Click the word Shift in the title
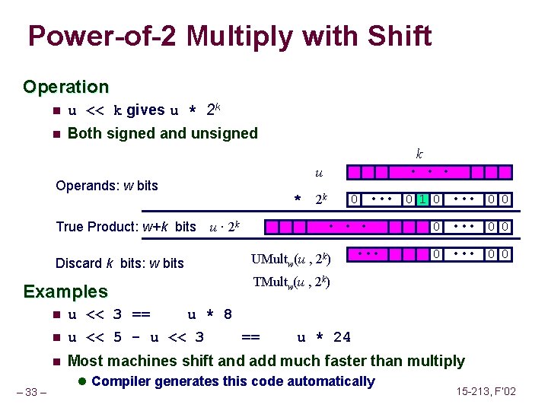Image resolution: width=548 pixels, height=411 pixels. [x=395, y=36]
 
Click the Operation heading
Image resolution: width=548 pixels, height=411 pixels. [x=66, y=87]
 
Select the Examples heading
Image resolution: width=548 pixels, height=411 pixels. [x=66, y=292]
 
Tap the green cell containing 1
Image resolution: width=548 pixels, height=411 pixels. [x=421, y=199]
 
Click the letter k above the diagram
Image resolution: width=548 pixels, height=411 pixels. [x=419, y=152]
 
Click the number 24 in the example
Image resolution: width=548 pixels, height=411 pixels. [x=342, y=337]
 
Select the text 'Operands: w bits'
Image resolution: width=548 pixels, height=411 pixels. [x=107, y=185]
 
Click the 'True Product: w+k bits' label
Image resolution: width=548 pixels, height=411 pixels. [x=126, y=227]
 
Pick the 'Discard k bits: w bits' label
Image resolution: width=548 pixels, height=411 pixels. [x=120, y=263]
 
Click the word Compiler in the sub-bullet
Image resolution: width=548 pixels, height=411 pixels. [x=122, y=381]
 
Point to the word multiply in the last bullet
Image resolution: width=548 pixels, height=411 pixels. [x=436, y=361]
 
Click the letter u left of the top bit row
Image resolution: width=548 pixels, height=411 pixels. [x=319, y=174]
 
